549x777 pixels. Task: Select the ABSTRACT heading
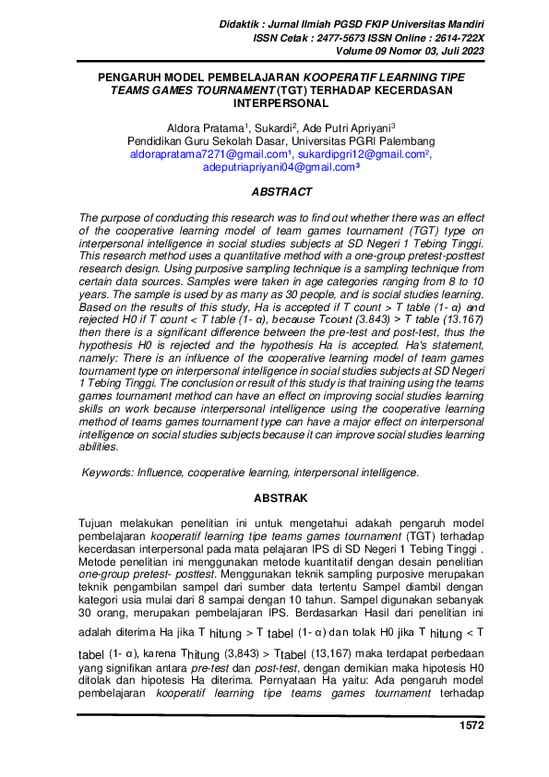coord(280,193)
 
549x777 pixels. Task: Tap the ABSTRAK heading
coord(280,498)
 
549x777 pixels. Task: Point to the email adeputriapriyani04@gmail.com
coord(279,167)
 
